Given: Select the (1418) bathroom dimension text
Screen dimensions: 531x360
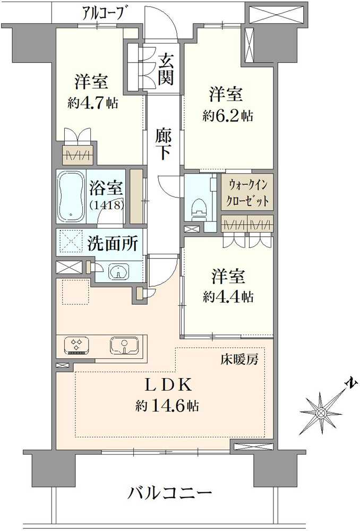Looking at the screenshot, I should coord(107,204).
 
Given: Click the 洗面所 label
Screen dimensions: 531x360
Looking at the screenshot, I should coord(113,244).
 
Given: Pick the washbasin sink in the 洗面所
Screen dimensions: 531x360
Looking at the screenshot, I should coord(118,272).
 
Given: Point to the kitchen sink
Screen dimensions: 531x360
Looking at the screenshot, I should coord(125,346).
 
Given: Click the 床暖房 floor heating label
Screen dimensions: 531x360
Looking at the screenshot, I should coord(239,360).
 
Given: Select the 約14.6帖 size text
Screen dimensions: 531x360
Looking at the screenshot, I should coord(167,407).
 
